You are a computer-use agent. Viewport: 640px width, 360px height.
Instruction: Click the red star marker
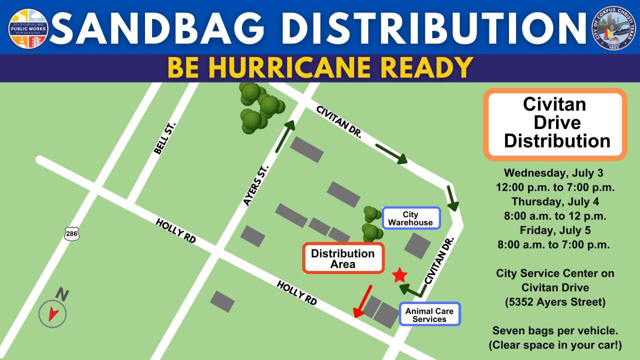399,275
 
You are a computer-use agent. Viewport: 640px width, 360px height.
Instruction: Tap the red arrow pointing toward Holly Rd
362,301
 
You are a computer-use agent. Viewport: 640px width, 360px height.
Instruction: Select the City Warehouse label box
411,218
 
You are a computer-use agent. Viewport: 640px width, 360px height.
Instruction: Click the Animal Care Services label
429,314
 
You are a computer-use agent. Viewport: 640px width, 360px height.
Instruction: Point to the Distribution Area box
343,258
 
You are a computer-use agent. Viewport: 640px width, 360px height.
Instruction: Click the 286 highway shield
71,233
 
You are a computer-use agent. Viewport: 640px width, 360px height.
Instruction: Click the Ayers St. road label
256,185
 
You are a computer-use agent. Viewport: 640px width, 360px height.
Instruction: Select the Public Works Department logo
28,28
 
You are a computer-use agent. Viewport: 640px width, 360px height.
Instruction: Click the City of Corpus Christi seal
613,28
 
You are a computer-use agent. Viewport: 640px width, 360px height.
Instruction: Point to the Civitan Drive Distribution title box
555,123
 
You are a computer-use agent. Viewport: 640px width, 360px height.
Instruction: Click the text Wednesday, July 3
553,173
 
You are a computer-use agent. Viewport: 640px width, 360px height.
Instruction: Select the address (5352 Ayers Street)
555,302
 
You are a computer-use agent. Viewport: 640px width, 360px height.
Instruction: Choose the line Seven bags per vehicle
555,330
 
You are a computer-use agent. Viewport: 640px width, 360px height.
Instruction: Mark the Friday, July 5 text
555,230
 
